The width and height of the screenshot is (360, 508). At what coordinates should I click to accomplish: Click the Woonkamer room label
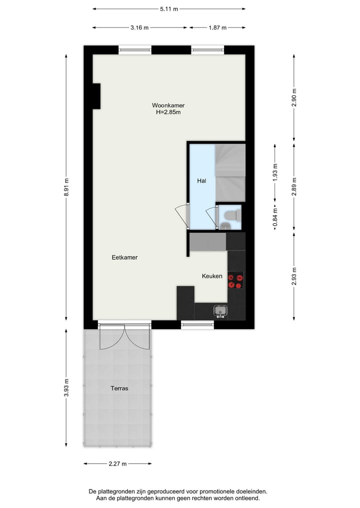point(168,105)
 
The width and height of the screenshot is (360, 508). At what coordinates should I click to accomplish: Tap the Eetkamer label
point(124,258)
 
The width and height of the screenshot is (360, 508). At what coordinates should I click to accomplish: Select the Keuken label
point(212,276)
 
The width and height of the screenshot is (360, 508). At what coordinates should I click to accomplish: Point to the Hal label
point(201,181)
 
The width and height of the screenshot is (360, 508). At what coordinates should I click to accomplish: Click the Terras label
point(120,388)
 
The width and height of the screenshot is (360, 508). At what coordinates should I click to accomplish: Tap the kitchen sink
point(219,312)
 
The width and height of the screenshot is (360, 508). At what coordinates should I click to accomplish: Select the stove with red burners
point(235,280)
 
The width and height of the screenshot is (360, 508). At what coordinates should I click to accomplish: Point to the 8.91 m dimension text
point(65,188)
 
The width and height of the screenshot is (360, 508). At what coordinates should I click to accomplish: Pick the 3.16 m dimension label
point(139,27)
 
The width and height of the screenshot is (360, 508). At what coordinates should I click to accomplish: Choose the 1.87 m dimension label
point(217,27)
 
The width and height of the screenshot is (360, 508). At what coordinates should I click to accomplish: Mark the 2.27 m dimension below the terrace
point(118,464)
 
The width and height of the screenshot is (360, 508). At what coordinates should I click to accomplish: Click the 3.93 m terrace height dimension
point(65,388)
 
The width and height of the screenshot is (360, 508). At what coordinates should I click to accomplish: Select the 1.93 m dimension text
point(274,173)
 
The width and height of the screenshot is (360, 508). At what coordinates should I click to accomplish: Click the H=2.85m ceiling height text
point(168,112)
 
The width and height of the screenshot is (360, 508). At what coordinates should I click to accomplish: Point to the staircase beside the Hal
point(230,172)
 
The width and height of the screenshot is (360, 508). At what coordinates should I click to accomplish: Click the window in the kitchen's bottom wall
point(197,325)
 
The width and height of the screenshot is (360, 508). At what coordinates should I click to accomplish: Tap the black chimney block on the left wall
point(96,96)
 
